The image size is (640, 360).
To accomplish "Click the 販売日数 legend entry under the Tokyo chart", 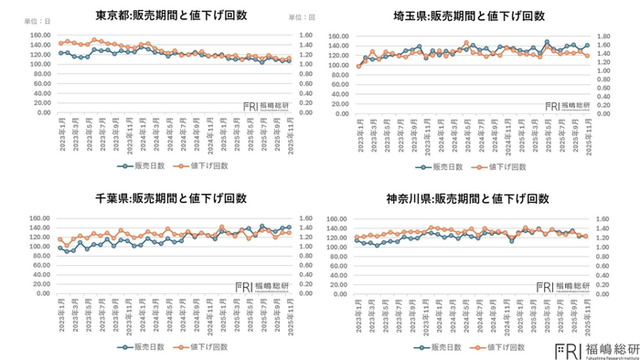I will (x=143, y=166).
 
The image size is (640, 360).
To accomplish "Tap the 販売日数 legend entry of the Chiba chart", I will (x=143, y=348).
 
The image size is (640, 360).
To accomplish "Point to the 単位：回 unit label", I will (x=302, y=17).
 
